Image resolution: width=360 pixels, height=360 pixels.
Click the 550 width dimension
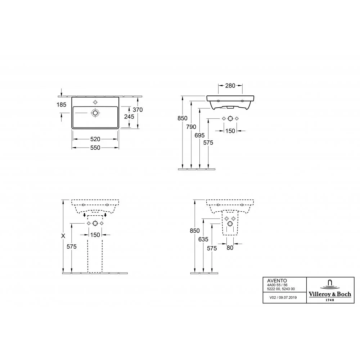pyautogui.click(x=95, y=148)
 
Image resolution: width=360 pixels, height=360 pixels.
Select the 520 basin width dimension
pyautogui.click(x=95, y=139)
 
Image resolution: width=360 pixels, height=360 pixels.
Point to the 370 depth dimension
pyautogui.click(x=138, y=110)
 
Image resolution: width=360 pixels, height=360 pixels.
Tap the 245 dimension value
pyautogui.click(x=129, y=117)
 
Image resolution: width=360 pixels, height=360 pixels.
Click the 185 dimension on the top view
pyautogui.click(x=61, y=105)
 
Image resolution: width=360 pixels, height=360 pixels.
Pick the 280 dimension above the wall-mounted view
pyautogui.click(x=230, y=86)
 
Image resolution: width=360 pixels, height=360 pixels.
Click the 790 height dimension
pyautogui.click(x=191, y=127)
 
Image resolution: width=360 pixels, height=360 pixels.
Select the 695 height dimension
pyautogui.click(x=199, y=135)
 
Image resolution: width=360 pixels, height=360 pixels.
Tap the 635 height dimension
pyautogui.click(x=203, y=239)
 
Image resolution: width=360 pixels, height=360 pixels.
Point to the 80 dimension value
pyautogui.click(x=230, y=248)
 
